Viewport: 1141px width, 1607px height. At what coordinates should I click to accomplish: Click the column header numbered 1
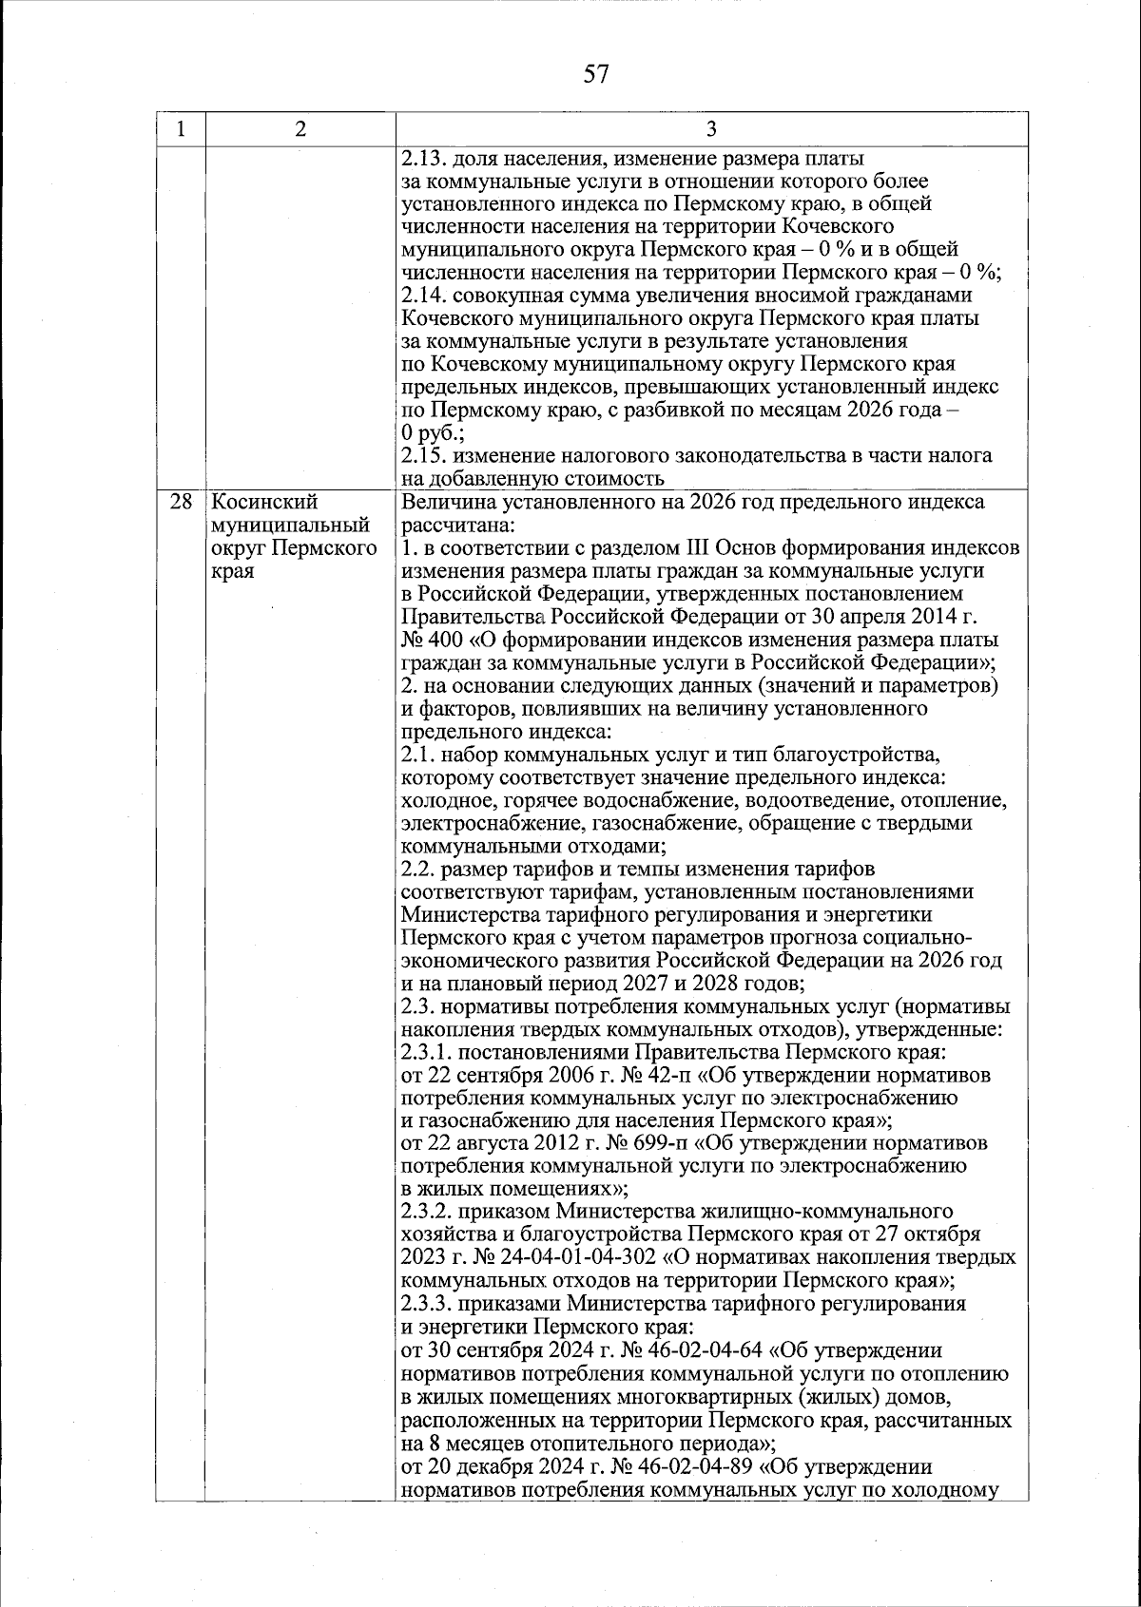180,130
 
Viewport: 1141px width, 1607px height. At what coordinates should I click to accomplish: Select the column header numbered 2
300,130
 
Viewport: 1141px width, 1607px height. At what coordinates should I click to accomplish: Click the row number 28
180,502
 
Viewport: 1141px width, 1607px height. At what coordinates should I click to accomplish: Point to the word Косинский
264,502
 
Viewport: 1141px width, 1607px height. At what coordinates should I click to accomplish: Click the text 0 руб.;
433,433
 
